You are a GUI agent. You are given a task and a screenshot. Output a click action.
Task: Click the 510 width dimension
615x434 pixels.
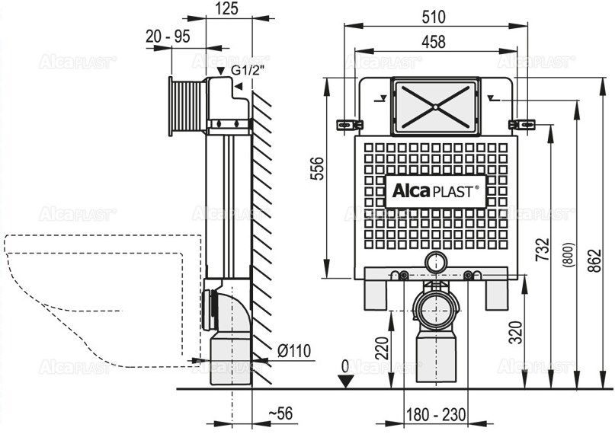(x=434, y=17)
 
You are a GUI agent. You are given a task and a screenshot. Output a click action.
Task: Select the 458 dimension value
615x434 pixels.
(x=434, y=42)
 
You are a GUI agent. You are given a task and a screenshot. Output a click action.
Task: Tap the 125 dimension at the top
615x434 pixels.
(x=226, y=8)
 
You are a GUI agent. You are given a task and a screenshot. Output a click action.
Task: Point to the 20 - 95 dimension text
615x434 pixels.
(x=168, y=37)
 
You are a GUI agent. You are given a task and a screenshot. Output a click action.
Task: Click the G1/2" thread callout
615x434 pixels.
(x=248, y=70)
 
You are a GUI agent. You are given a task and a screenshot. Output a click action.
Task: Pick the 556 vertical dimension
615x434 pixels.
(x=317, y=168)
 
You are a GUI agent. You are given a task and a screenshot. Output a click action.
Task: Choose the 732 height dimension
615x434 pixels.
(x=543, y=250)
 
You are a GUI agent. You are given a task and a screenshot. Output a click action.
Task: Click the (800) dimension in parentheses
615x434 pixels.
(x=569, y=255)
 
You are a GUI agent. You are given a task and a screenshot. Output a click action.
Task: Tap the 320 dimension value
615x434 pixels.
(x=516, y=332)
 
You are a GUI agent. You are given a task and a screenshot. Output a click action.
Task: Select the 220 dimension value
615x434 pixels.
(x=382, y=348)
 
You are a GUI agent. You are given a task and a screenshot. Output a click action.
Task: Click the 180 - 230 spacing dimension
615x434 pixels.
(x=436, y=414)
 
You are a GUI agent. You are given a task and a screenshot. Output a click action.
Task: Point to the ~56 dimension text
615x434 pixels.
(x=280, y=413)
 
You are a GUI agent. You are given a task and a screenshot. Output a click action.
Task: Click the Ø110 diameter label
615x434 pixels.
(x=294, y=351)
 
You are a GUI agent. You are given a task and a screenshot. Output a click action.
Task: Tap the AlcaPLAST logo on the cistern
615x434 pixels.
(x=435, y=191)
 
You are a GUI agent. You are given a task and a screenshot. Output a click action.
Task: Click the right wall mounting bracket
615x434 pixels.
(x=522, y=125)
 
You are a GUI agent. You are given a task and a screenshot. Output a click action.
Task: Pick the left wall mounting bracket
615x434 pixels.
(x=350, y=125)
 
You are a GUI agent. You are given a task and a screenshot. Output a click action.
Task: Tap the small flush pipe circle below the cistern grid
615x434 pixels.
(x=436, y=262)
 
